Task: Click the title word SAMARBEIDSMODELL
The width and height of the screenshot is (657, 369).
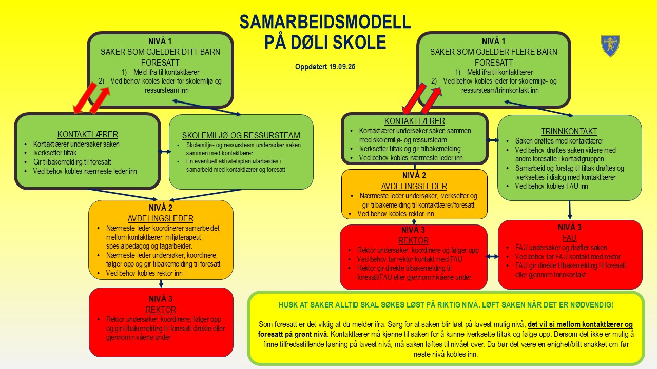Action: click(x=325, y=22)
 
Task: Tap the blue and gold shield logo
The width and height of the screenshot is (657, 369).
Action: click(x=609, y=46)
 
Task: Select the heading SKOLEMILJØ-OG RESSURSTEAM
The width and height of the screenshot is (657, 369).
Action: click(x=241, y=135)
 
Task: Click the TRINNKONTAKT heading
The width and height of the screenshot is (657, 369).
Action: click(x=570, y=131)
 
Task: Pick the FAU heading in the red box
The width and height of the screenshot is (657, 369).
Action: click(x=570, y=238)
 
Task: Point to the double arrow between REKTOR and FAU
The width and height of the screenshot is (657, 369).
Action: click(x=492, y=256)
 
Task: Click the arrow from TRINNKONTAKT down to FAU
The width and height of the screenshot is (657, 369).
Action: click(x=570, y=210)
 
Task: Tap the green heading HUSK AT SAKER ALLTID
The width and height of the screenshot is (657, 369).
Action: click(x=446, y=304)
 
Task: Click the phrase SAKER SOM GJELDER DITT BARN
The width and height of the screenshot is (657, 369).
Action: click(x=161, y=52)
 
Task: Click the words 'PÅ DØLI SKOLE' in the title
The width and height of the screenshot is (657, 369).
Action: click(x=325, y=42)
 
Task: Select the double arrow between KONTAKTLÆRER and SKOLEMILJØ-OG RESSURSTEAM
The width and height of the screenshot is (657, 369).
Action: click(x=164, y=151)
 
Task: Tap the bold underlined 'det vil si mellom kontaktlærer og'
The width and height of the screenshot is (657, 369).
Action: click(x=581, y=324)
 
